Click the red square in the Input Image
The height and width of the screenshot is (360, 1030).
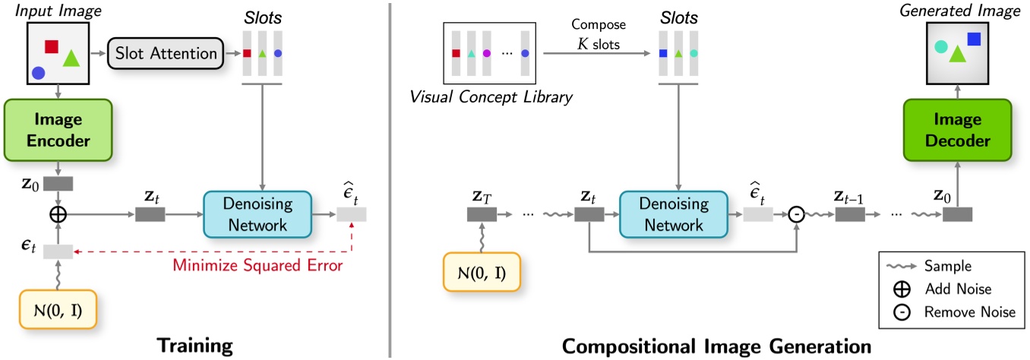pos(52,46)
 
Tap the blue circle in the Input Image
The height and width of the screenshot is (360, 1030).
pos(38,74)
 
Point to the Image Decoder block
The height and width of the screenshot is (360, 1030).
pos(957,131)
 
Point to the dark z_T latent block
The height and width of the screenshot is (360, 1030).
pos(482,216)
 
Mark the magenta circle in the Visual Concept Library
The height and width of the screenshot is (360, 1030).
pos(487,53)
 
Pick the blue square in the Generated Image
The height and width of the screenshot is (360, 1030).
pos(974,39)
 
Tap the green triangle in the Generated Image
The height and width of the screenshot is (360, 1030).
pos(956,54)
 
